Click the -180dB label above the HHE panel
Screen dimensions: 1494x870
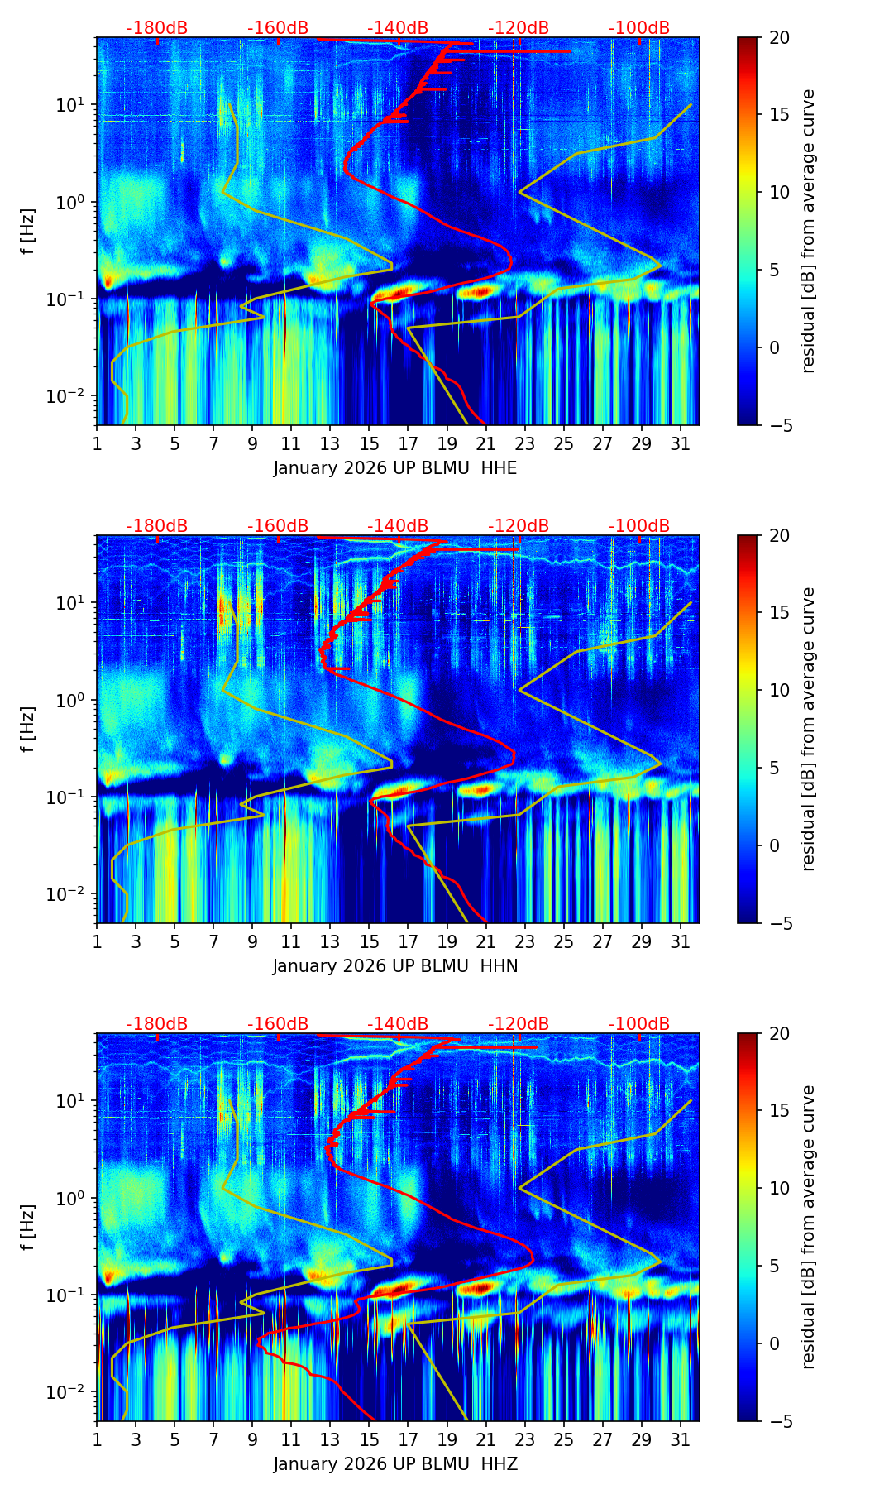157,28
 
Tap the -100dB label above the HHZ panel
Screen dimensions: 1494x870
639,1023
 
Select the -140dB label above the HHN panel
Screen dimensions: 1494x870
398,526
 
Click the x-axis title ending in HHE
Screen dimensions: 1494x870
395,468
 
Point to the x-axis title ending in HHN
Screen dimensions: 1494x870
395,966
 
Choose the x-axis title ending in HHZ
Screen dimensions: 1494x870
395,1464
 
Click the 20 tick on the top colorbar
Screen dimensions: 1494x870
779,37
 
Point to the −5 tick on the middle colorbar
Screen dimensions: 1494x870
779,922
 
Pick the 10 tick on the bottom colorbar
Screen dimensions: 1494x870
779,1189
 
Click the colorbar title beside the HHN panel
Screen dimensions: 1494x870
809,729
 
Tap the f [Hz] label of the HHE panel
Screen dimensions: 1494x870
27,231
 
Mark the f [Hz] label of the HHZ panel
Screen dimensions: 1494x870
27,1227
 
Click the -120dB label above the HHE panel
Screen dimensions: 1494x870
519,28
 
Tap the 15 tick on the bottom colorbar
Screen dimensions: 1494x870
779,1111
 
